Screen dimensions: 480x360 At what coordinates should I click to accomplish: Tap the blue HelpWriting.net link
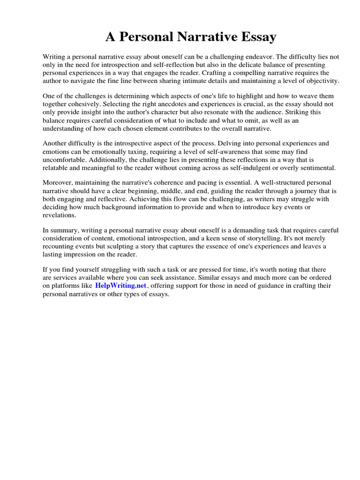[121, 285]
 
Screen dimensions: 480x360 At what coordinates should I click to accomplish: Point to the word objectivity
[322, 81]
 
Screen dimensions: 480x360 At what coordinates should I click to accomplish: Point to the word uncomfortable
[64, 160]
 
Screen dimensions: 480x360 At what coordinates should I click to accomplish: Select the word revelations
[59, 215]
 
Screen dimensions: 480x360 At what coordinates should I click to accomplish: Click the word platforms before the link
[66, 285]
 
